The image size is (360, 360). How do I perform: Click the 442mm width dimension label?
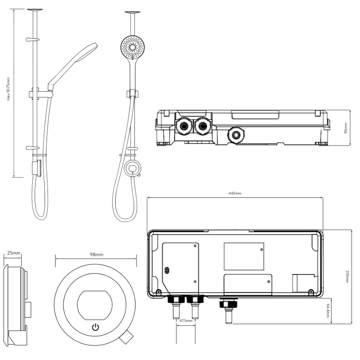(x=235, y=193)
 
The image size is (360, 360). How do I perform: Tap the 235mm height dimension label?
(x=347, y=277)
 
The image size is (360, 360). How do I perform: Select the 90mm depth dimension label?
(x=346, y=128)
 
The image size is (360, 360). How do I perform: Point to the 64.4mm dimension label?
(x=328, y=311)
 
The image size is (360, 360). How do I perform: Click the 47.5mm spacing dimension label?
(x=185, y=320)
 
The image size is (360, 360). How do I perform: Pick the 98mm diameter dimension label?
(x=96, y=254)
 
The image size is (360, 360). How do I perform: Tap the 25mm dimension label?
(x=13, y=253)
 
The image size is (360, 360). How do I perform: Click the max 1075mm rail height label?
(x=9, y=89)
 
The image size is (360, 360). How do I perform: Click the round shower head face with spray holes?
(x=132, y=48)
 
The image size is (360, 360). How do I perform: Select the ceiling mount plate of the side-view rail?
(x=35, y=9)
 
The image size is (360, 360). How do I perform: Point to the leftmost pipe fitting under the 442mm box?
(x=176, y=307)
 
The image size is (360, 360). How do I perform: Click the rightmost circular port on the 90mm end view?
(x=236, y=135)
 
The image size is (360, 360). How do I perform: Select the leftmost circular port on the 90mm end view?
(x=184, y=126)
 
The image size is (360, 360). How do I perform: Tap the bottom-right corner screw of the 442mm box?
(x=311, y=292)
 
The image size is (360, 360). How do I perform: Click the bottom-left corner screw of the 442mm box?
(x=158, y=292)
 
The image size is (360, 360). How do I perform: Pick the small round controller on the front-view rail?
(x=132, y=168)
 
